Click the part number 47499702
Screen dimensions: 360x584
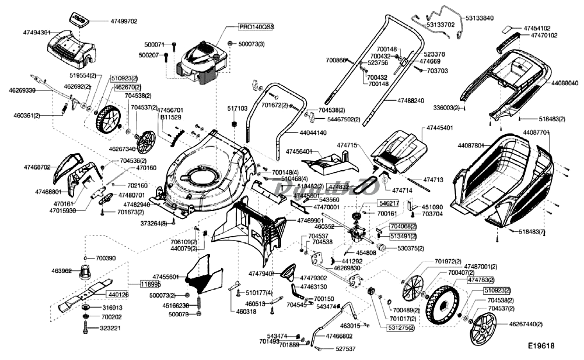point(124,21)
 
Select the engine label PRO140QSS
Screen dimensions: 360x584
point(257,27)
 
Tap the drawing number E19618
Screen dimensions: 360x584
point(541,346)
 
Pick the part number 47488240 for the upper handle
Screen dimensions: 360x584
point(411,101)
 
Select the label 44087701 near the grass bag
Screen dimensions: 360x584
point(536,132)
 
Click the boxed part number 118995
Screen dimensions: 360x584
point(150,284)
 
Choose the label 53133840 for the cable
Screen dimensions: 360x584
point(479,18)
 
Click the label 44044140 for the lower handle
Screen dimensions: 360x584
point(313,133)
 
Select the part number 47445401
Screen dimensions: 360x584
point(439,128)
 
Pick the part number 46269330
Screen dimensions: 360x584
point(22,90)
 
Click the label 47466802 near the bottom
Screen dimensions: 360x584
point(339,336)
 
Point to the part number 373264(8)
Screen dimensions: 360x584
point(154,224)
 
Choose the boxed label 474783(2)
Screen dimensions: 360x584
point(481,280)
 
